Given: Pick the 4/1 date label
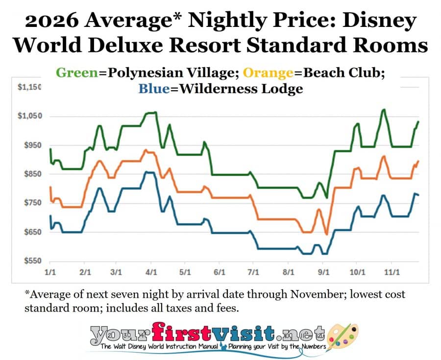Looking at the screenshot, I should (151, 271).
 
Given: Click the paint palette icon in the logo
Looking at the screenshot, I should (342, 337).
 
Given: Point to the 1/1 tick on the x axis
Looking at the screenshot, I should (49, 271).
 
